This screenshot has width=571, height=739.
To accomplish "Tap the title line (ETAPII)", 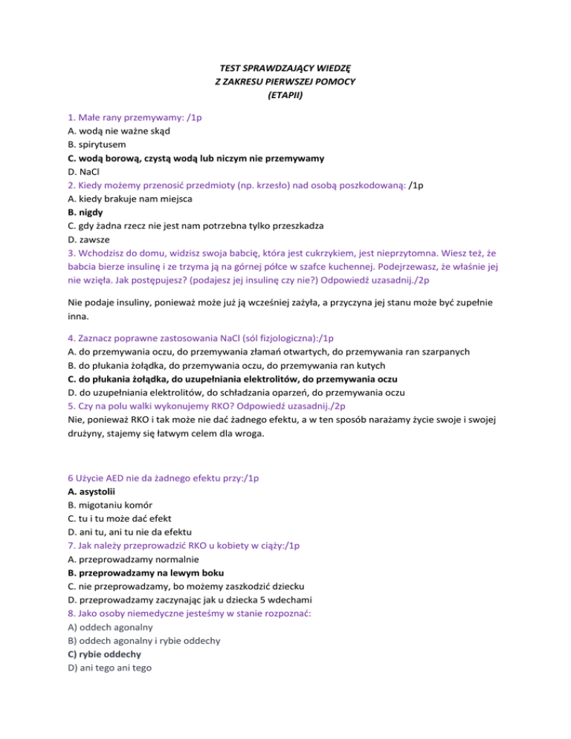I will click(x=285, y=95).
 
